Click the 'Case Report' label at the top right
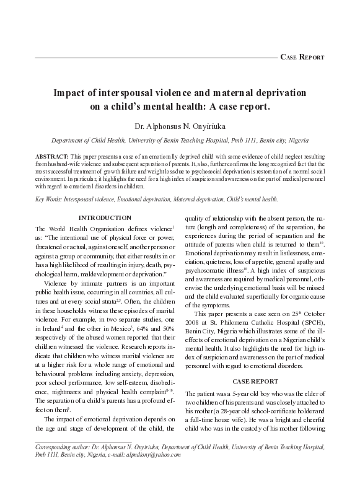pos(302,56)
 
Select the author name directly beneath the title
pos(180,126)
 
